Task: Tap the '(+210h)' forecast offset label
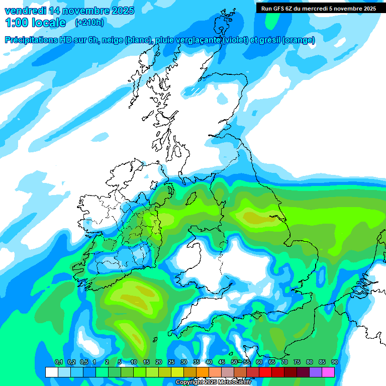89,22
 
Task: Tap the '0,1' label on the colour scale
58,362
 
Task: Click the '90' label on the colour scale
335,362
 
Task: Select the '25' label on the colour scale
171,362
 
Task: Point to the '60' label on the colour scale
259,362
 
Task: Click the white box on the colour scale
51,372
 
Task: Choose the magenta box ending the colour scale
328,372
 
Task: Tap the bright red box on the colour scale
265,372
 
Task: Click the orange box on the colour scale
203,372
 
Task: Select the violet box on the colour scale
316,372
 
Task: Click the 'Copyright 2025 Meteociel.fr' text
213,382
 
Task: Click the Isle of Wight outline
257,316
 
